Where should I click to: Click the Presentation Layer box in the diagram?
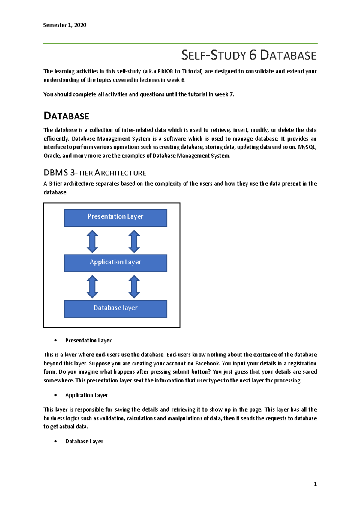coord(115,218)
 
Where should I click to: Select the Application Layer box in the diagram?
coord(115,263)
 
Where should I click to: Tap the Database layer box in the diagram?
coord(115,308)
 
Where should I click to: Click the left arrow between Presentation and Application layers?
coord(92,241)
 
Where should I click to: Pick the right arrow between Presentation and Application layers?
coord(134,241)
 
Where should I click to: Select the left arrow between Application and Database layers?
coord(92,287)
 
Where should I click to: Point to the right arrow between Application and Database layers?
coord(134,287)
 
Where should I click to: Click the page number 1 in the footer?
coord(315,484)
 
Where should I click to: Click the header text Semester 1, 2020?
coord(65,25)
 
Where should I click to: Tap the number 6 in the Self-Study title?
coord(253,55)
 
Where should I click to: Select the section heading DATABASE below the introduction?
coord(67,116)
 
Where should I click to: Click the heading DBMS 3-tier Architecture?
coord(95,173)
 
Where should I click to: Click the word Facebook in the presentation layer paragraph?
coord(207,363)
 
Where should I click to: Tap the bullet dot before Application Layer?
coord(56,395)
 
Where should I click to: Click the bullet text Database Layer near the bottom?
coord(84,441)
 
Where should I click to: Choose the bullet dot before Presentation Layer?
coord(56,341)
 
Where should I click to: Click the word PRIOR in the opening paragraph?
coord(165,71)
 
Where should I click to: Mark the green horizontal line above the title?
coord(180,43)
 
